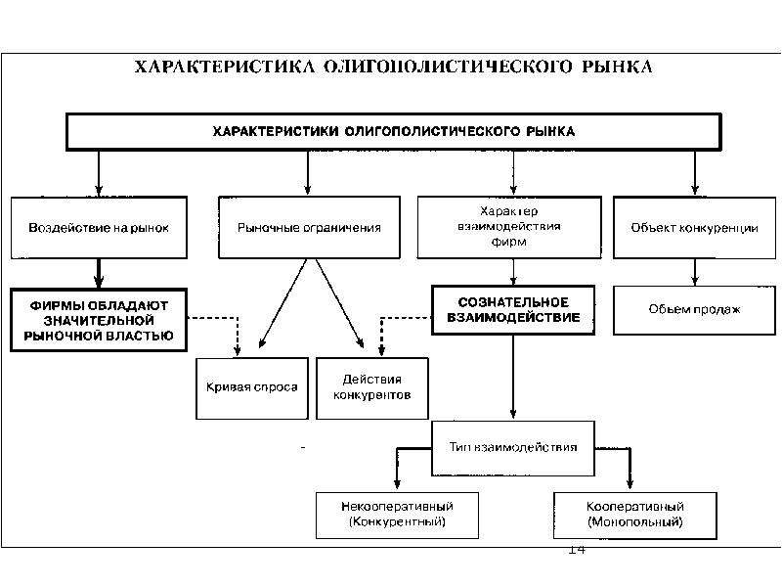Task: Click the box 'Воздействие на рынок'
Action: tap(99, 228)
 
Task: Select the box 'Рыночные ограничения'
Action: tap(309, 228)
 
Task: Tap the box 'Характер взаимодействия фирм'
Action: tap(509, 227)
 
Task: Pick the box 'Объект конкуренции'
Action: tap(694, 228)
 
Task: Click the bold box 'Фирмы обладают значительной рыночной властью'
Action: tap(99, 320)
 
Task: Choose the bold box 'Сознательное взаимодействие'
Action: tap(513, 310)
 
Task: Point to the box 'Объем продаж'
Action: tap(694, 310)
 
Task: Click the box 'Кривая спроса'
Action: tap(252, 388)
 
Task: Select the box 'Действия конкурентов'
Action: tap(372, 388)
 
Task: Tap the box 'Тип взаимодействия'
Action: tap(513, 448)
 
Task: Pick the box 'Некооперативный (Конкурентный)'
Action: tap(398, 516)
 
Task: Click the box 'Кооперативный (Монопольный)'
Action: tap(634, 516)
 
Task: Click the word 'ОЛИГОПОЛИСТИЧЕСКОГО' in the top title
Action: tap(448, 67)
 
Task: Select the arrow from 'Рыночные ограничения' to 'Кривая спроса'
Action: tap(282, 303)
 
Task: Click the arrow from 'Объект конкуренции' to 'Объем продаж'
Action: tap(695, 272)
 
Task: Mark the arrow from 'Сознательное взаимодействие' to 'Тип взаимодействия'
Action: tap(513, 377)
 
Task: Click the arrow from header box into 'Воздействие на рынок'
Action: tap(99, 173)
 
